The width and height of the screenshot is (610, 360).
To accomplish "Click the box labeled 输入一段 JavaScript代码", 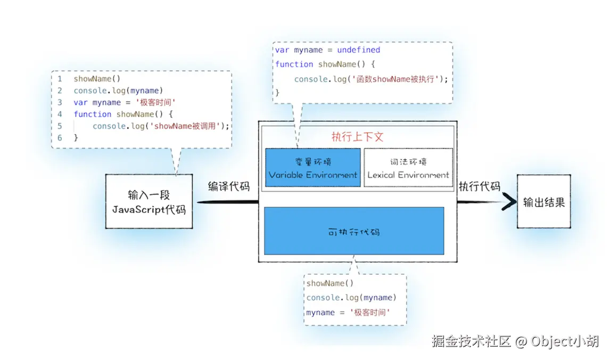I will click(149, 201).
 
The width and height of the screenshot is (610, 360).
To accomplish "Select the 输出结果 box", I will click(543, 202).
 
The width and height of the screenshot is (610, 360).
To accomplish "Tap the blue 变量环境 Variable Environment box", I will click(313, 168).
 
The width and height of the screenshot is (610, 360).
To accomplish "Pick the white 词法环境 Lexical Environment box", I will click(408, 168).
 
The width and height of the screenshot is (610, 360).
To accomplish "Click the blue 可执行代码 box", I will click(354, 231).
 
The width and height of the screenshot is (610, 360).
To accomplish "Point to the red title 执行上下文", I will click(357, 136).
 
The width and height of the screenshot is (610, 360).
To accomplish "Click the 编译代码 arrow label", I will click(228, 186).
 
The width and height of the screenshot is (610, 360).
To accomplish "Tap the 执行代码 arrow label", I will click(480, 186).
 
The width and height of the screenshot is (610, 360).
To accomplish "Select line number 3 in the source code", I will click(60, 102).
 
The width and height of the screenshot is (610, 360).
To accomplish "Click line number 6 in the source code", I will click(60, 137).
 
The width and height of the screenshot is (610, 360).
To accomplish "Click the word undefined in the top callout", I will click(358, 50).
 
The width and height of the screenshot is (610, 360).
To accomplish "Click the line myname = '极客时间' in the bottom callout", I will click(348, 313).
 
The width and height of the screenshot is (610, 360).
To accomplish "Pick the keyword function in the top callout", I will click(294, 64).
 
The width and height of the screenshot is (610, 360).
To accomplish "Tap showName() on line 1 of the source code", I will click(93, 79).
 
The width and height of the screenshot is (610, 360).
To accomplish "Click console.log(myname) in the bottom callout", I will click(351, 298).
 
